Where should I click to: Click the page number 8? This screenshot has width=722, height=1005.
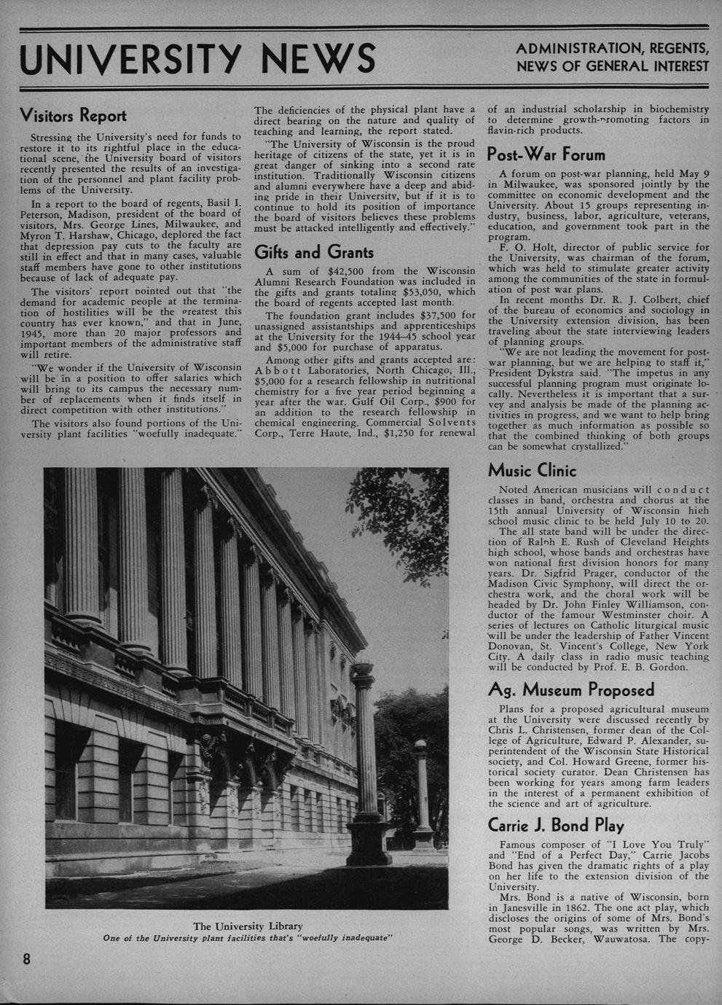tap(26, 958)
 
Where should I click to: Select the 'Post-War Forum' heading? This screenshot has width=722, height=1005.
tap(546, 155)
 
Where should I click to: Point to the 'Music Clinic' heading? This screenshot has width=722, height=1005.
tap(532, 470)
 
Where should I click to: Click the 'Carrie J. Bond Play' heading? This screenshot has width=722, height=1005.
tap(556, 826)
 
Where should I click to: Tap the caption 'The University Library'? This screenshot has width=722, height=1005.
tap(248, 926)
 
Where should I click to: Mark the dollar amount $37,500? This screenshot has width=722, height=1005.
tap(438, 316)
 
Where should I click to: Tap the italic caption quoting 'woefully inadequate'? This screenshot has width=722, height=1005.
tap(248, 938)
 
